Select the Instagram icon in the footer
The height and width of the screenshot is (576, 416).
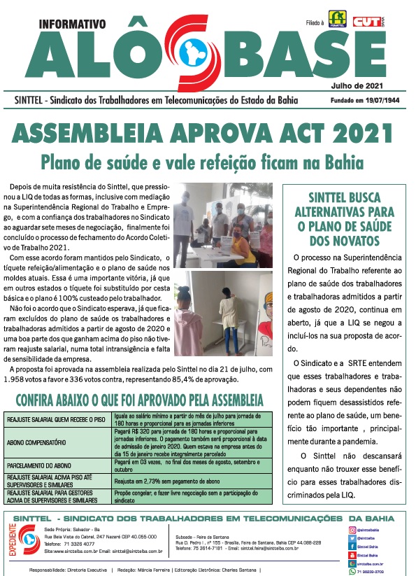pyautogui.click(x=352, y=531)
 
